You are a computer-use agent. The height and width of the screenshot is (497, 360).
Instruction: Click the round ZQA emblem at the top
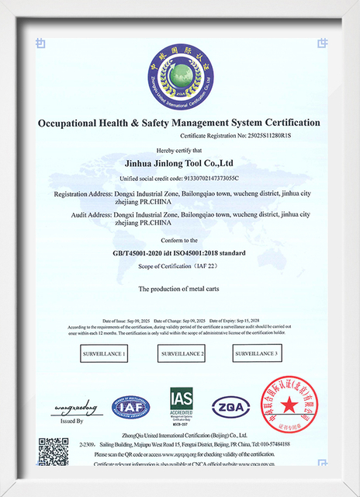tap(179, 75)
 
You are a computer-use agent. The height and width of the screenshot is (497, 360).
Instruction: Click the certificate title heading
tap(179, 123)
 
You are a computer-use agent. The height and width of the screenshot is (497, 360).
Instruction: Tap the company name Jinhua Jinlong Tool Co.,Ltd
tap(179, 164)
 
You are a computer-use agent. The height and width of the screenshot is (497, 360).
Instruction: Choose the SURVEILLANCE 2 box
tap(181, 354)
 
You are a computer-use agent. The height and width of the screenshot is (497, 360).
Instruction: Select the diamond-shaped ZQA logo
tap(230, 405)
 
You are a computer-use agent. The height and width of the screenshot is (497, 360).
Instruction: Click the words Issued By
tap(71, 420)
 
